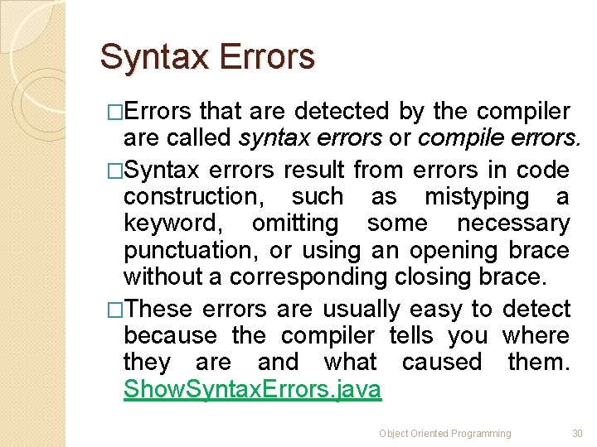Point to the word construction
click(x=192, y=197)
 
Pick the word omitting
click(x=294, y=223)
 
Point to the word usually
click(x=361, y=309)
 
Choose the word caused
click(x=442, y=362)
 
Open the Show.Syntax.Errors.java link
click(x=252, y=389)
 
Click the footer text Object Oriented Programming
click(x=445, y=434)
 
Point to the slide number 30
click(x=577, y=434)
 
